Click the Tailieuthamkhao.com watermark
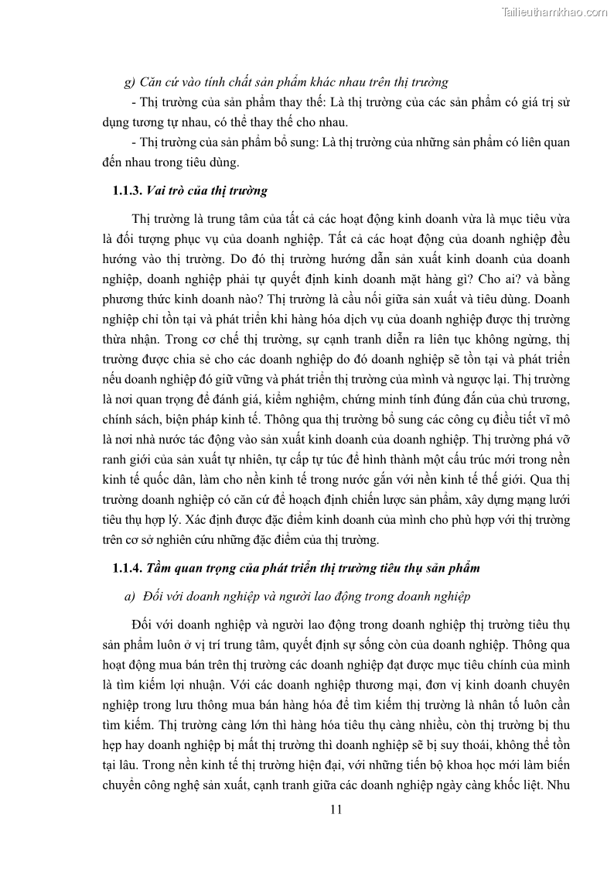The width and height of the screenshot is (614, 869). point(554,12)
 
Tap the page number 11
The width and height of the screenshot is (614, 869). point(335,810)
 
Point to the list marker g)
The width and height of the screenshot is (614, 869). point(130,81)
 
